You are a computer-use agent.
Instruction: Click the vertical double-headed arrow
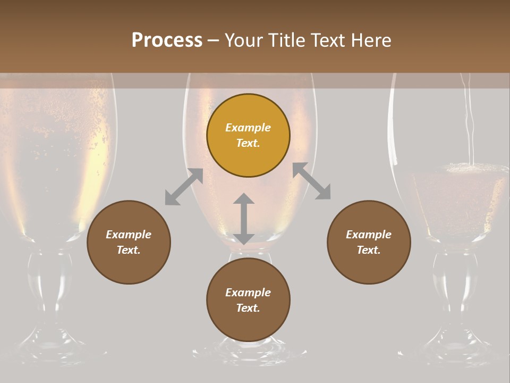point(244,219)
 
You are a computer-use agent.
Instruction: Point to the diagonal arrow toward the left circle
point(184,187)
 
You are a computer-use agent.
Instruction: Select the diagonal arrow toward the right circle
point(311,181)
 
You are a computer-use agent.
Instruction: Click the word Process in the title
point(167,40)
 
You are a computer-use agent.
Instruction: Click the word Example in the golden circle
point(248,128)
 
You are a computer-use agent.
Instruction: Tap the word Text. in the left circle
point(129,250)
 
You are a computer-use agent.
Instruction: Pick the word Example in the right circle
point(369,235)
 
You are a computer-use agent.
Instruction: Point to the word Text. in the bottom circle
point(248,308)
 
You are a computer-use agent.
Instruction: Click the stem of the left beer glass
point(44,287)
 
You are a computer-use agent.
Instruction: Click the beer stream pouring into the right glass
point(469,122)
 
